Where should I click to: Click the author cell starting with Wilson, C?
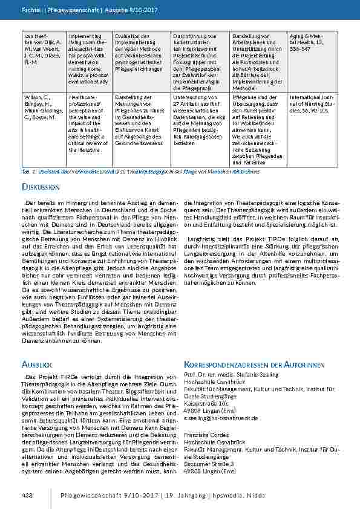42,109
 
